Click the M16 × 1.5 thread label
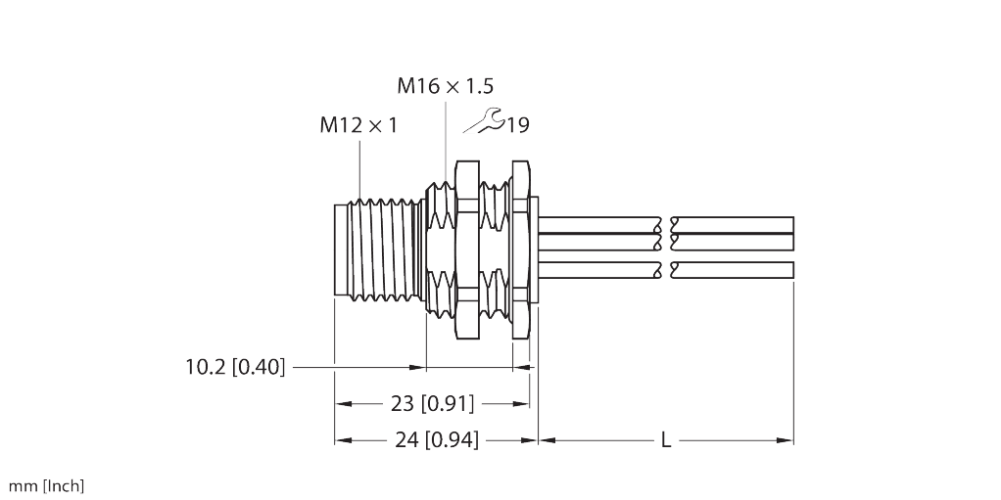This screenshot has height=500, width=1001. pos(445,86)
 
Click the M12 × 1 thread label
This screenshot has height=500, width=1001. pos(358,125)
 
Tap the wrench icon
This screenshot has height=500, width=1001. pos(483,122)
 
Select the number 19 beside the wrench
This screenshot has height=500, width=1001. pos(518,125)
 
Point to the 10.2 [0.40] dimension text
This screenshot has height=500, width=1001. pos(235,368)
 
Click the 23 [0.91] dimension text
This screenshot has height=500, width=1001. pos(432,403)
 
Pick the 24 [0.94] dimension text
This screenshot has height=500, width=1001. pos(437,440)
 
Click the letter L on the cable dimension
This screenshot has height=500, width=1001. pos(665,441)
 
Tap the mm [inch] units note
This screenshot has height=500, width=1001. pos(46,486)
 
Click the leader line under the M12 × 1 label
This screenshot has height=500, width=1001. pos(359,166)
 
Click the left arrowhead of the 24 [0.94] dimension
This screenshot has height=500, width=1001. pos(343,441)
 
